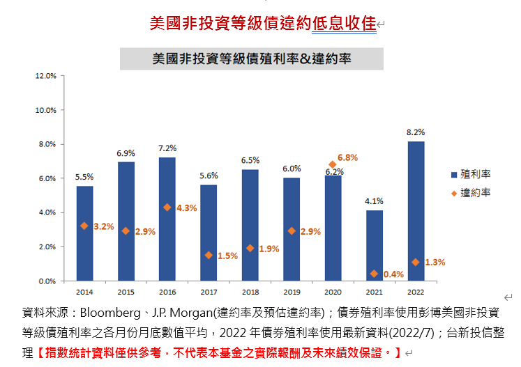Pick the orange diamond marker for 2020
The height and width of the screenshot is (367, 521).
point(333,165)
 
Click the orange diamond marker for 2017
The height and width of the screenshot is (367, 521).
point(209,256)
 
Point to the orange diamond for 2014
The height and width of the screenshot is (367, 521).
point(84,226)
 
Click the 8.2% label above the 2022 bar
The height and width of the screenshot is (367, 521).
point(416,132)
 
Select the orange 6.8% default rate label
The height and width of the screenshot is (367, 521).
point(347,158)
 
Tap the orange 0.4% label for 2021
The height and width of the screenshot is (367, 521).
point(393,274)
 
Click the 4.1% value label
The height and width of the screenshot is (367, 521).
point(375,201)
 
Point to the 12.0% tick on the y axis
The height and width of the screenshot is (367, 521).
point(45,76)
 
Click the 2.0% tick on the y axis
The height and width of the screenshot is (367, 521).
point(47,247)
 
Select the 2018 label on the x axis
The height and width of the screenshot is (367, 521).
point(250,292)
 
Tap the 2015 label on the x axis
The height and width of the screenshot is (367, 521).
point(126,292)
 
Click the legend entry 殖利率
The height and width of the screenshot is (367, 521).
point(476,173)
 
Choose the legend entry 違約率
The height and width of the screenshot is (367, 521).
point(476,192)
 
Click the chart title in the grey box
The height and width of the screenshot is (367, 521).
point(252,59)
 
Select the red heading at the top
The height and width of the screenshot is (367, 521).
point(263,23)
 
